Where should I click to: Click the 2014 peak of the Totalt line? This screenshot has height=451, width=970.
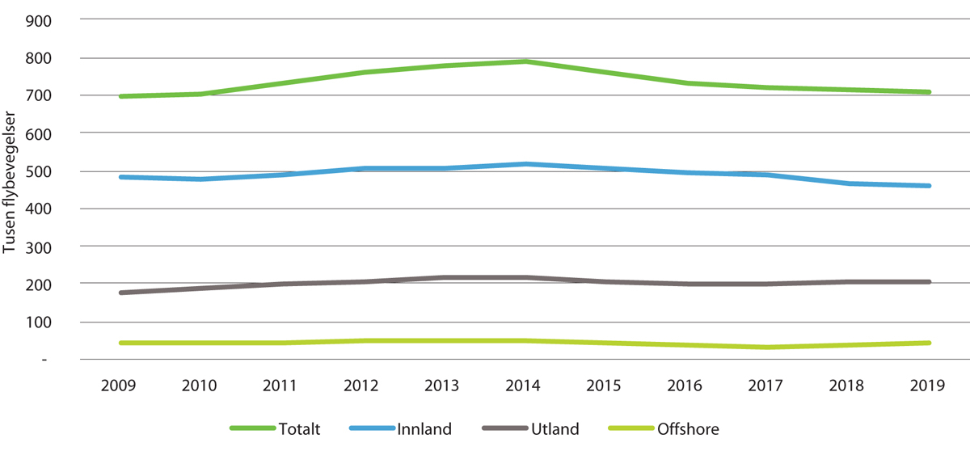pyautogui.click(x=525, y=61)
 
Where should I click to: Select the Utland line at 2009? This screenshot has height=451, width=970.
pyautogui.click(x=120, y=293)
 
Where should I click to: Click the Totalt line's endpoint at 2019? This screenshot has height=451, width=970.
pyautogui.click(x=929, y=92)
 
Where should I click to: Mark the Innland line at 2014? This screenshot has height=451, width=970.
pyautogui.click(x=525, y=164)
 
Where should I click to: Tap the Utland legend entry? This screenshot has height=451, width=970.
pyautogui.click(x=554, y=429)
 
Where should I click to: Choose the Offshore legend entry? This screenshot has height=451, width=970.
pyautogui.click(x=686, y=429)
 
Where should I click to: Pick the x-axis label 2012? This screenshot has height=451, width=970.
pyautogui.click(x=363, y=386)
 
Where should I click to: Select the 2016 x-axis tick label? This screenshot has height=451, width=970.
pyautogui.click(x=686, y=386)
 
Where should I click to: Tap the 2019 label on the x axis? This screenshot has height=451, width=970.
pyautogui.click(x=929, y=386)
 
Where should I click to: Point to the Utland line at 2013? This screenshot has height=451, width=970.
pyautogui.click(x=444, y=278)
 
